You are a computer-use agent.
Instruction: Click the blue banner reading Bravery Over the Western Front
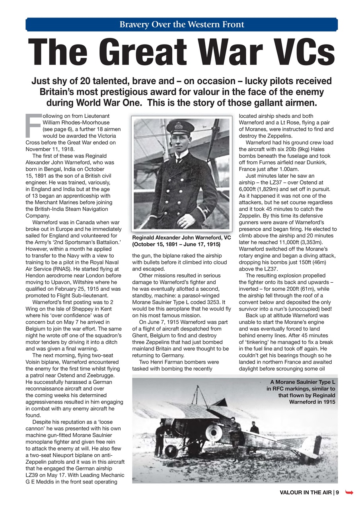182,25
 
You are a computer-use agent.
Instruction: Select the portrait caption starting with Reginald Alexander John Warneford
181,241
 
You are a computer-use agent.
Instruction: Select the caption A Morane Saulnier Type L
301,392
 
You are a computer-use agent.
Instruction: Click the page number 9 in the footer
337,493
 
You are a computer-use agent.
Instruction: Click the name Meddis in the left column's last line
44,482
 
